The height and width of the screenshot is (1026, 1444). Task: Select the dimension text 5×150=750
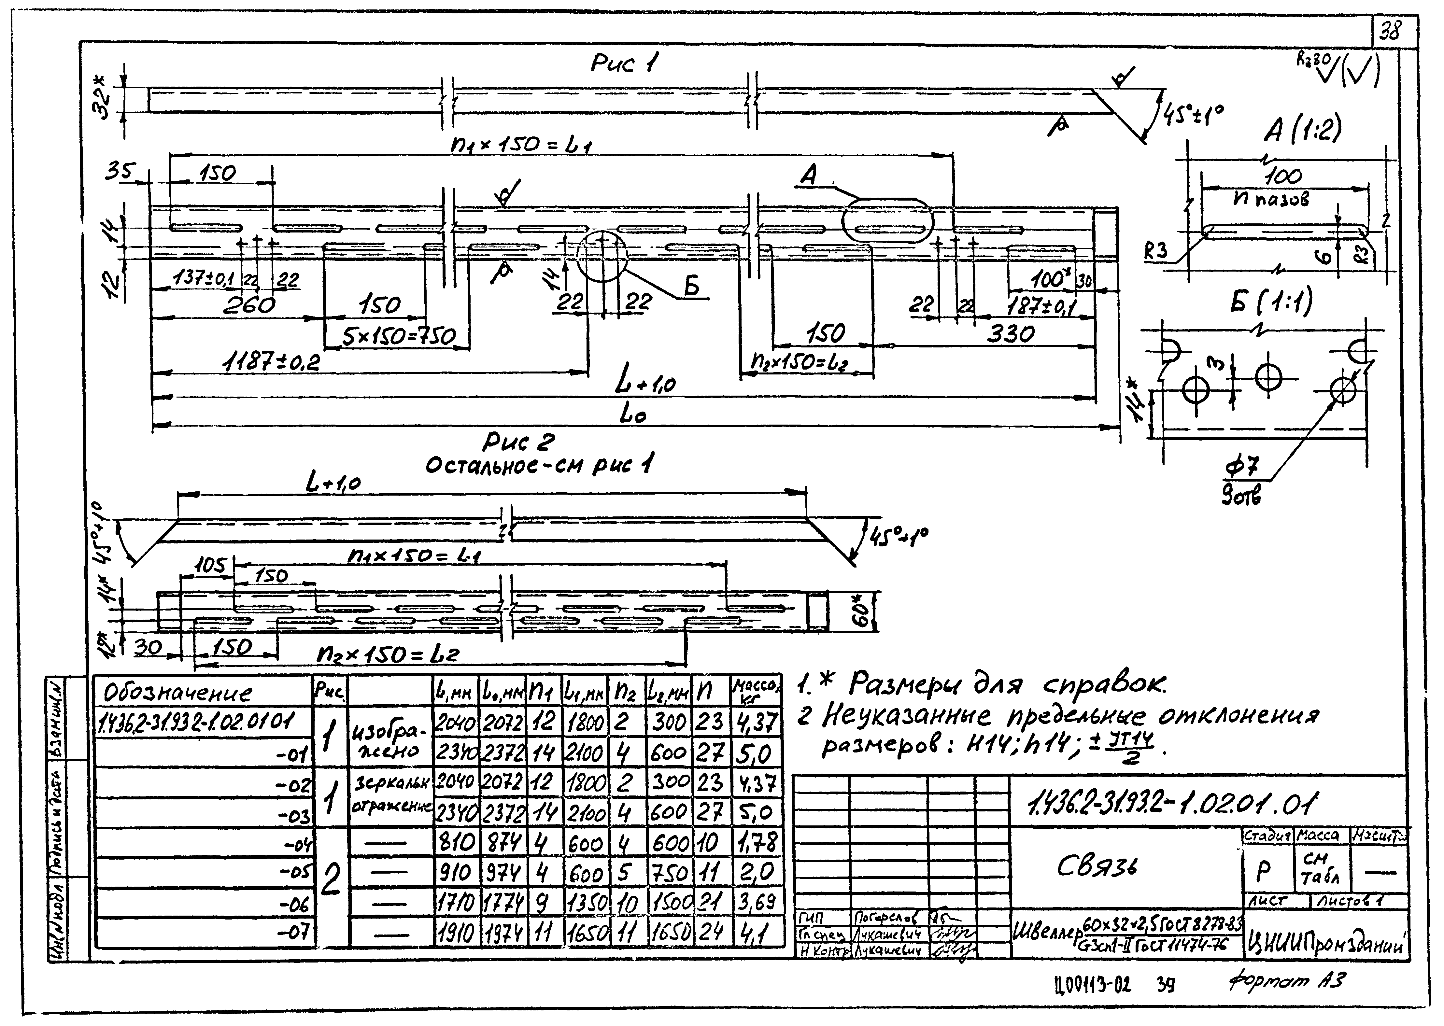(x=398, y=337)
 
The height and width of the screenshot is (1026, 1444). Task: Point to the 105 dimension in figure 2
(x=209, y=566)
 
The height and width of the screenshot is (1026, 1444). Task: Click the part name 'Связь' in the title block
(x=1097, y=867)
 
